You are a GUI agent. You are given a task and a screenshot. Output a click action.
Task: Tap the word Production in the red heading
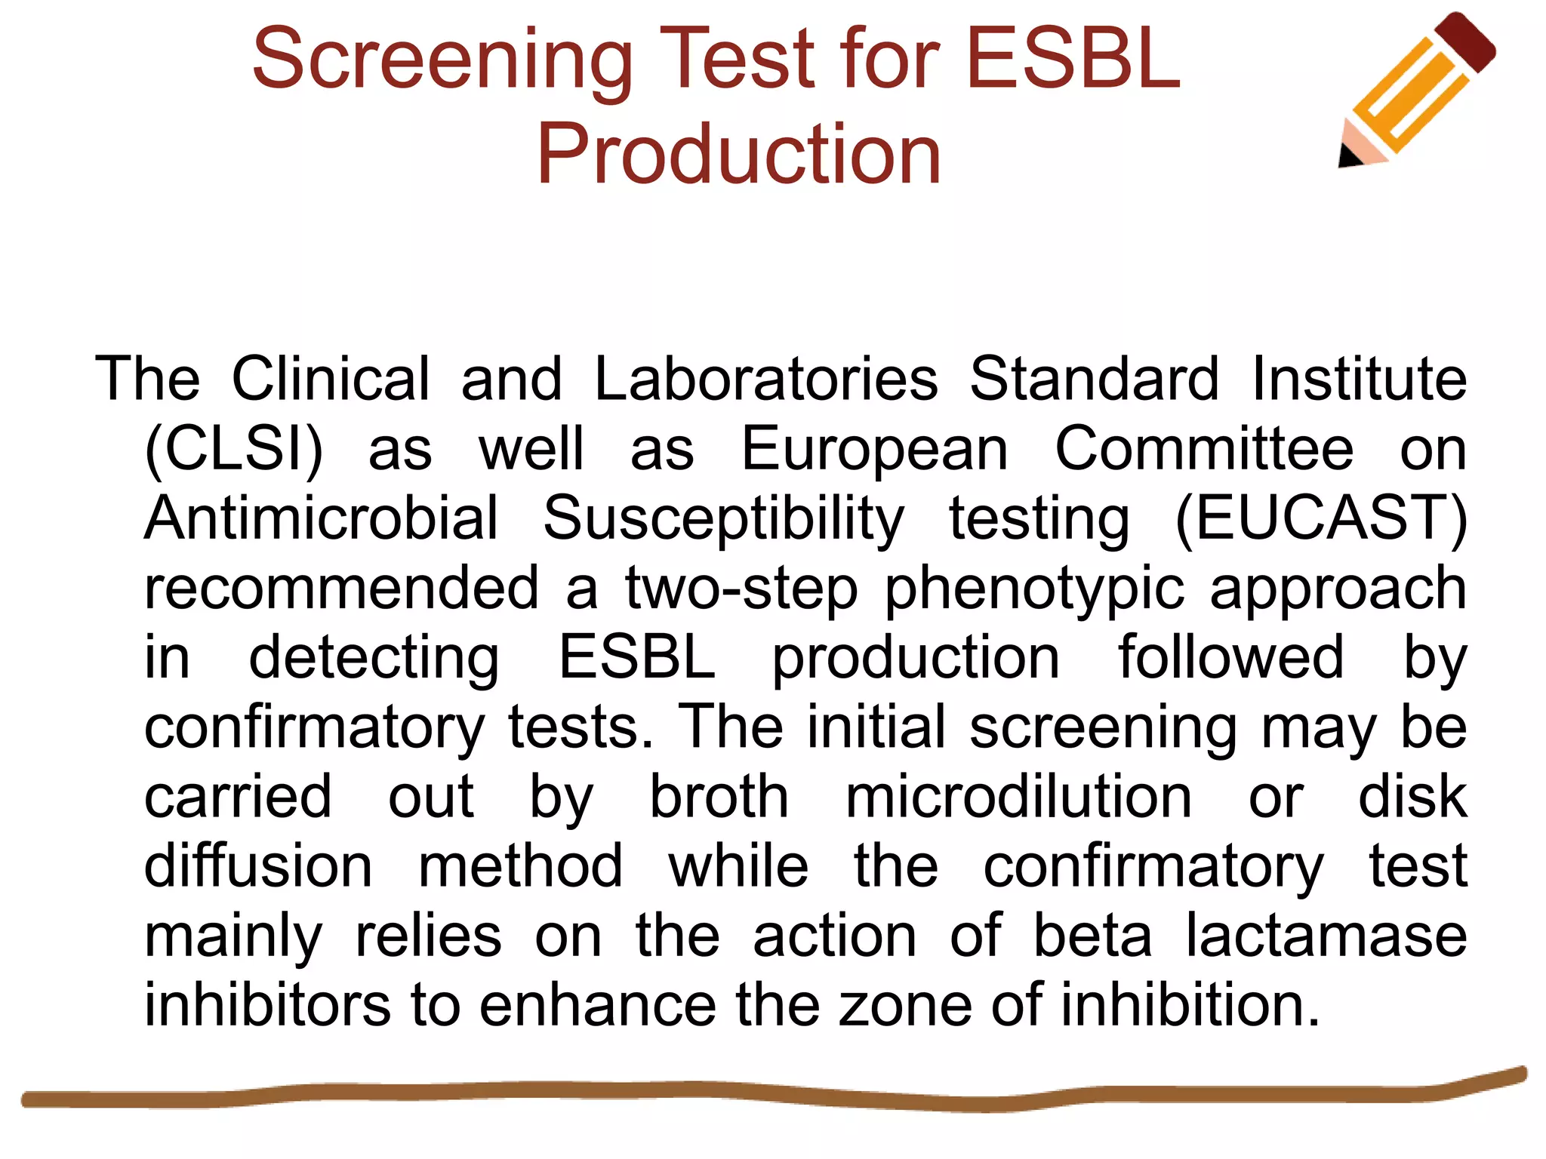point(739,155)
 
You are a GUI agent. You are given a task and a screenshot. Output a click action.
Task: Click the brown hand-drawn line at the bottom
point(755,1092)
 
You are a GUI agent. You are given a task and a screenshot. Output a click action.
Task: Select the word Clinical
point(331,378)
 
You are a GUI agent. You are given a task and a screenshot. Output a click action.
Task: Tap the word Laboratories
point(766,378)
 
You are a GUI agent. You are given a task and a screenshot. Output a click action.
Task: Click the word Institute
point(1360,378)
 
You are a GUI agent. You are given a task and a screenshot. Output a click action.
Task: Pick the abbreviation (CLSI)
point(233,449)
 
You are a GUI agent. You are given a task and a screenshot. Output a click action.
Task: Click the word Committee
point(1204,449)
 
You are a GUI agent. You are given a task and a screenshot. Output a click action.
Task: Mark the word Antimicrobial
point(322,518)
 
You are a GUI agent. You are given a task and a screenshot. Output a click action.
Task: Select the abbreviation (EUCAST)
point(1321,518)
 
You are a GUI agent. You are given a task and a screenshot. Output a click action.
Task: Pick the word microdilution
point(1018,797)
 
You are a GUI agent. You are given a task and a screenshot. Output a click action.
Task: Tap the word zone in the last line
point(905,1005)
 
